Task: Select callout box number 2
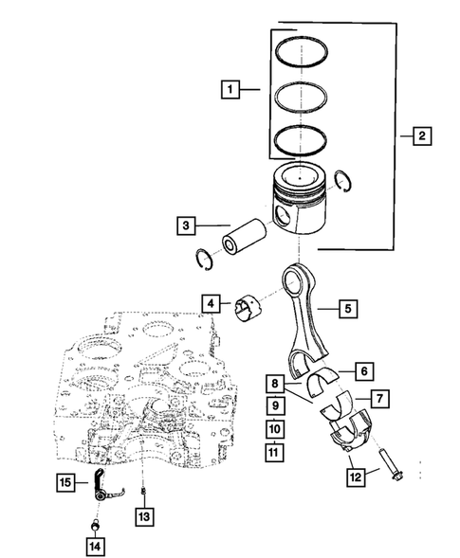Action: pyautogui.click(x=421, y=136)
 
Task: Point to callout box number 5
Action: pyautogui.click(x=347, y=308)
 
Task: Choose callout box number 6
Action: pyautogui.click(x=361, y=370)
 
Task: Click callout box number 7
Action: pyautogui.click(x=377, y=399)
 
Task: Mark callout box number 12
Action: pyautogui.click(x=354, y=476)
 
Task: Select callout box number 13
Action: pyautogui.click(x=143, y=516)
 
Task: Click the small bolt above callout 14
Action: pyautogui.click(x=94, y=526)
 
